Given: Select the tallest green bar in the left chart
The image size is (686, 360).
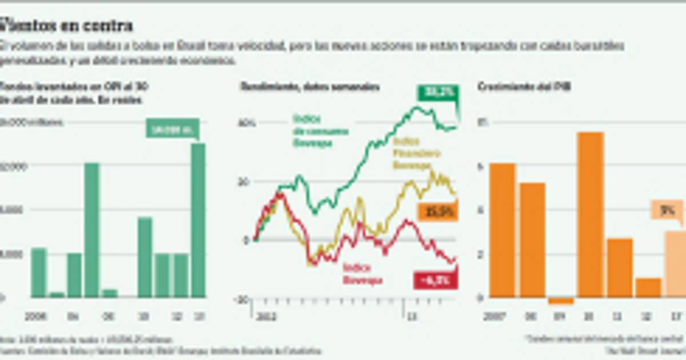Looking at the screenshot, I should (198, 220).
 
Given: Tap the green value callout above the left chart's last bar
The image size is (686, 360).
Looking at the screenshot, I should (172, 129).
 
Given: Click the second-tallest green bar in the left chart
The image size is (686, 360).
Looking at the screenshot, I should (92, 230).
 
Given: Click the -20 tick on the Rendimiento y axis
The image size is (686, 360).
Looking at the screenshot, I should (242, 298).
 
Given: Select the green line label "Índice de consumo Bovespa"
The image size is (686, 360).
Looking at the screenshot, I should (320, 131).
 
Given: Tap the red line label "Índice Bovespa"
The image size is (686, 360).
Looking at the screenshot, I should (362, 274).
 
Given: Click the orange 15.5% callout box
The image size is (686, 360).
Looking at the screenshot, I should (437, 212).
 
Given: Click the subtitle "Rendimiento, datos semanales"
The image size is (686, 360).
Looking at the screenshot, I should (309, 87).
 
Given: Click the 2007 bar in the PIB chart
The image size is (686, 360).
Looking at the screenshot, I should (502, 230).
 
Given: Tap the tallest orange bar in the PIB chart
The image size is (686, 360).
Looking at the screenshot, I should (591, 214).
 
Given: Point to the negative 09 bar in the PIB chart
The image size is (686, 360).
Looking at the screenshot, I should (561, 301).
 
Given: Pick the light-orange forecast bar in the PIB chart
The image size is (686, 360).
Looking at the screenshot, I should (675, 263).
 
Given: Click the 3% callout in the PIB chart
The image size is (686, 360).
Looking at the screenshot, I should (666, 210).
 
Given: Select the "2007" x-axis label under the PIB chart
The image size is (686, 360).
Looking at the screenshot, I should (493, 315).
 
